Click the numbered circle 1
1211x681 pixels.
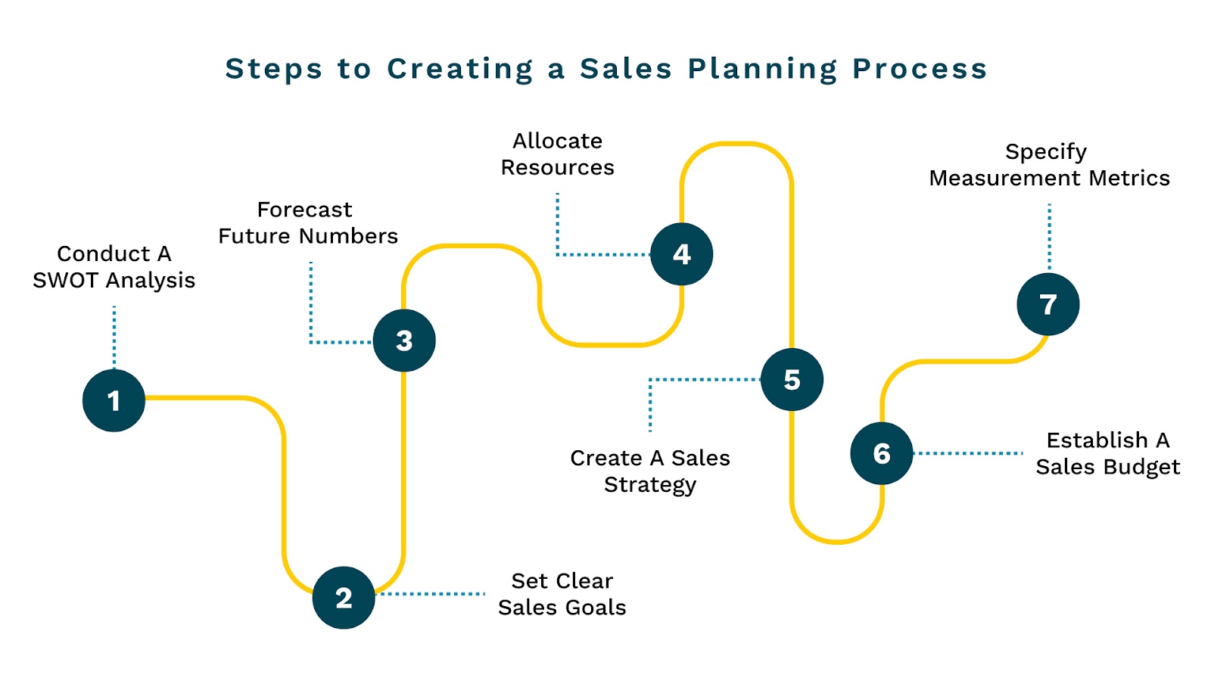coord(114,400)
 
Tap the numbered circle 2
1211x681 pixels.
coord(344,598)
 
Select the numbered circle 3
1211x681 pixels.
coord(404,340)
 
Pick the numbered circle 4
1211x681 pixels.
coord(682,254)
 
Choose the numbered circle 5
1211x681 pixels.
coord(792,380)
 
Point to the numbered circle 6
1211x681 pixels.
coord(882,453)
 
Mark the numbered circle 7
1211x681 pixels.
coord(1048,304)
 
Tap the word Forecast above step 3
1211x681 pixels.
coord(304,210)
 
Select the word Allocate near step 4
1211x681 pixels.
coord(558,141)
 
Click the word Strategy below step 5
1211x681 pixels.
coord(650,485)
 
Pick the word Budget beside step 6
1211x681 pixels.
coord(1144,468)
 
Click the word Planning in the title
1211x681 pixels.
coord(763,69)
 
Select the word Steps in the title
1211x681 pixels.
coord(274,69)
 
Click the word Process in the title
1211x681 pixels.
coord(920,69)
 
